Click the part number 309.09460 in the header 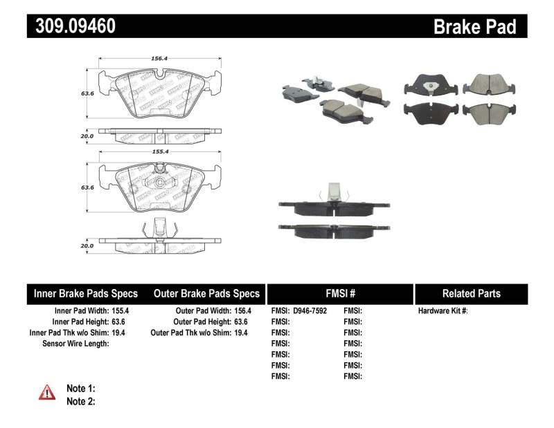tap(72, 26)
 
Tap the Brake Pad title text tap(474, 27)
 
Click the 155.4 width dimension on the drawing tap(159, 150)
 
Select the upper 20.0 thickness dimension tap(86, 137)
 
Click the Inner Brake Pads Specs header tap(86, 294)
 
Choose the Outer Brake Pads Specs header tap(206, 294)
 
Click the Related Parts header tap(471, 294)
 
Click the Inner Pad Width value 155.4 tap(120, 311)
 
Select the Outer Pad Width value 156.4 tap(238, 311)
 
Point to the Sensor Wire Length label tap(75, 344)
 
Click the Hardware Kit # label tap(443, 311)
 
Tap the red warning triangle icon tap(47, 392)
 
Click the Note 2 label tap(80, 401)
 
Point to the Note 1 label tap(80, 388)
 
